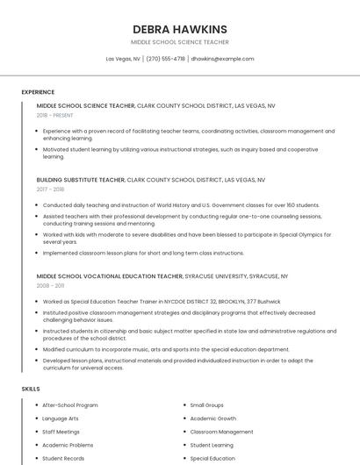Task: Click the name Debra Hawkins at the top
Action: (x=179, y=29)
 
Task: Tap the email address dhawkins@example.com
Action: (x=222, y=59)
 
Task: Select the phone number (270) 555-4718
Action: (x=165, y=59)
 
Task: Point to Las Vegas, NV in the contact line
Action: (x=123, y=59)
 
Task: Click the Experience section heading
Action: (x=38, y=92)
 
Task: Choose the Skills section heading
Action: (x=31, y=388)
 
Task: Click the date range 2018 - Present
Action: (x=54, y=115)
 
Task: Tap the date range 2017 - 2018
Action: (x=50, y=189)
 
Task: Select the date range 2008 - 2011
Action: (x=50, y=285)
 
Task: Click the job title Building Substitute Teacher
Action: (x=80, y=179)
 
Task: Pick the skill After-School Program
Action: (x=70, y=405)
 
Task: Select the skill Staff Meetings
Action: (x=61, y=432)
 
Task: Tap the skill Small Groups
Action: (x=207, y=405)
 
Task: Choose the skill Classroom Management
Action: (x=221, y=432)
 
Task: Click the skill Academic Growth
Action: (x=213, y=418)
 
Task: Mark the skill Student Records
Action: (x=63, y=458)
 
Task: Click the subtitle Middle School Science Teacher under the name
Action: (x=179, y=41)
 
